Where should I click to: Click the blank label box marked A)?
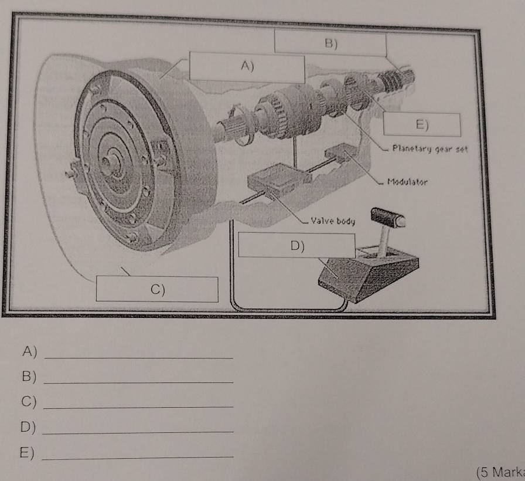pyautogui.click(x=247, y=67)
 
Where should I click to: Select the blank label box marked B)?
pyautogui.click(x=330, y=43)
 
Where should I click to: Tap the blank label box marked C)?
pyautogui.click(x=157, y=288)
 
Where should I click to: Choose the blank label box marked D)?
pyautogui.click(x=298, y=245)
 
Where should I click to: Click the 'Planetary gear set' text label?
pyautogui.click(x=429, y=148)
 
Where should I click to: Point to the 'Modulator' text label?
pyautogui.click(x=407, y=181)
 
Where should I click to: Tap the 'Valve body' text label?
pyautogui.click(x=332, y=221)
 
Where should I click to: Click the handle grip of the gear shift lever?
pyautogui.click(x=389, y=217)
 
